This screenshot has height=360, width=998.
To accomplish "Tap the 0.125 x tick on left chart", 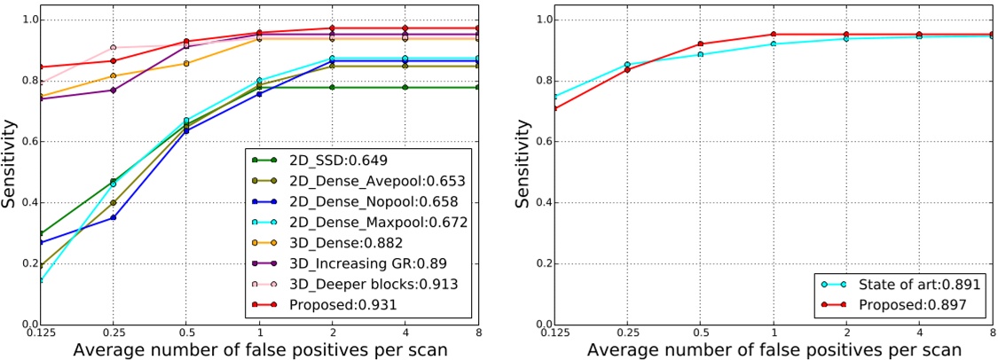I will [40, 333].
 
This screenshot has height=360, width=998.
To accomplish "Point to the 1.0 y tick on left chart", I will [27, 20].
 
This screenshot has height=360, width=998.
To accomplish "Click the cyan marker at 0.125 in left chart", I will [40, 280].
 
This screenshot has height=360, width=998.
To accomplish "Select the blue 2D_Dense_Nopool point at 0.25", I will [113, 217].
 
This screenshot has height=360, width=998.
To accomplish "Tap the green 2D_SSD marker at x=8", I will [478, 87].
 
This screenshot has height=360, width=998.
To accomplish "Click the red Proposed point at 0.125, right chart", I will [554, 108].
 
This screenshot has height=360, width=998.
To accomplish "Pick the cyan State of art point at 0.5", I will [700, 54].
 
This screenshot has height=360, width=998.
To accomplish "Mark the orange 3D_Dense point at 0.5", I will [185, 63].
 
